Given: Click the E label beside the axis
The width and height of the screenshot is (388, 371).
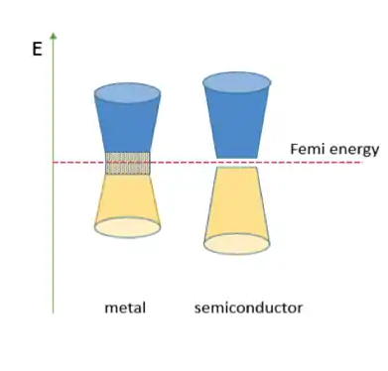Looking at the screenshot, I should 38,47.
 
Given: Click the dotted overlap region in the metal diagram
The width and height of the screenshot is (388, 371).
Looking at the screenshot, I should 127,163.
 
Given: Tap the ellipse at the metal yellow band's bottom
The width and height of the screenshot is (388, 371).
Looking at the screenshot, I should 127,226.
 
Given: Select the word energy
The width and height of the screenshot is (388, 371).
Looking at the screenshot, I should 352,150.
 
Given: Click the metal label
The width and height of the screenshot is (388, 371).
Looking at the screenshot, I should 125,308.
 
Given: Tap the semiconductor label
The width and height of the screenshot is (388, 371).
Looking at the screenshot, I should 248,308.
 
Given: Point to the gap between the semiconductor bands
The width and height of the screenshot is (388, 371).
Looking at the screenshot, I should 238,162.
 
